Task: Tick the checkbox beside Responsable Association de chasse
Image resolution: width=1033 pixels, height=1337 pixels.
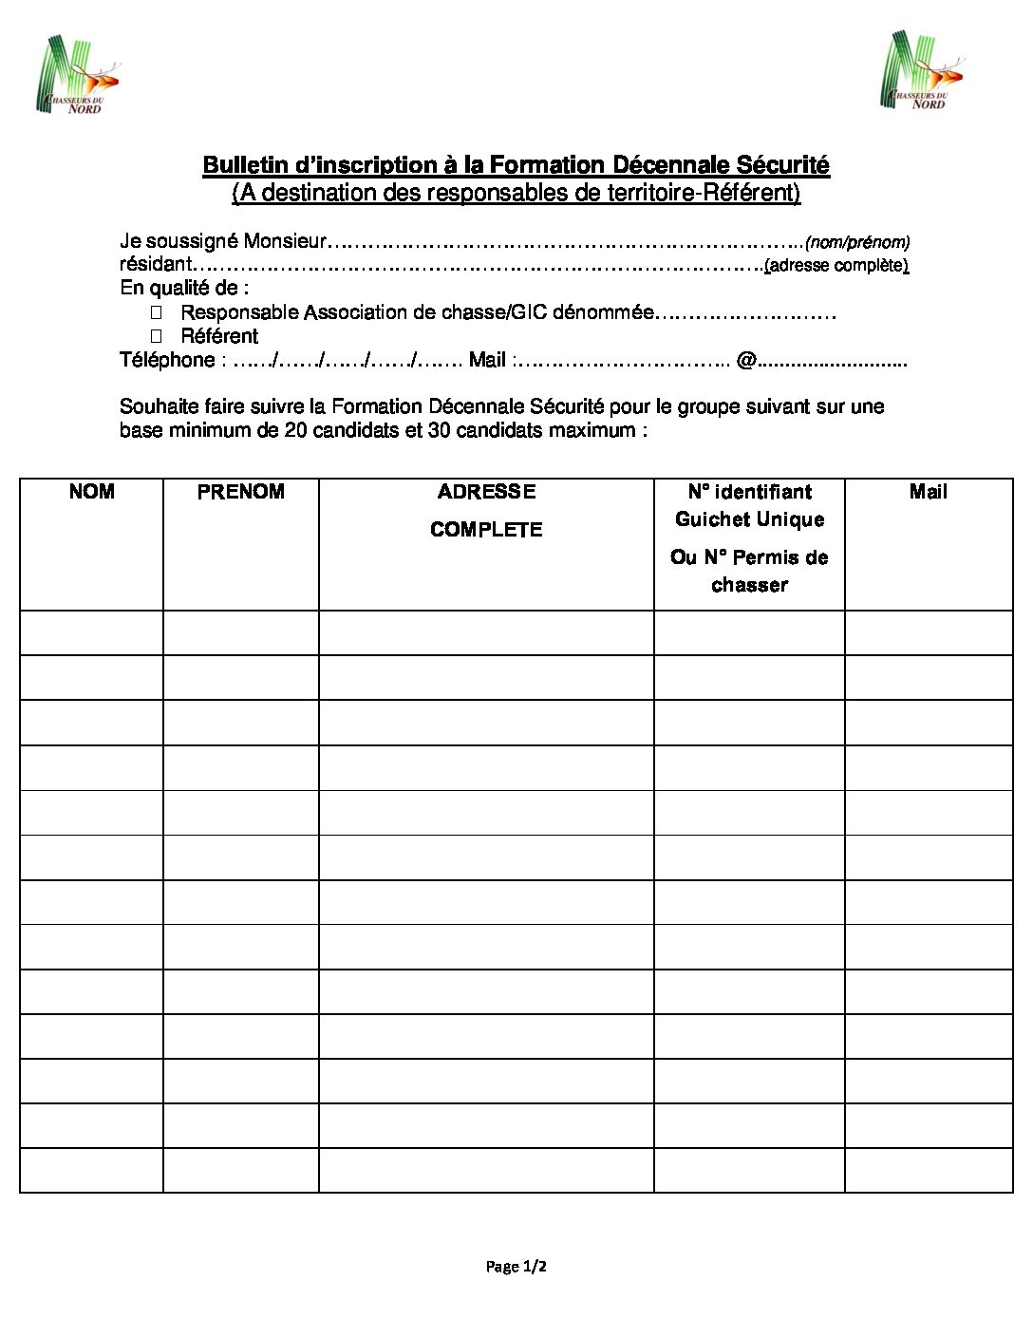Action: coord(157,311)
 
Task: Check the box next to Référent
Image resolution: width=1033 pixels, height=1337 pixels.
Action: coord(157,335)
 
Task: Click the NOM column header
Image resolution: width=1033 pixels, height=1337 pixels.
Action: coord(92,492)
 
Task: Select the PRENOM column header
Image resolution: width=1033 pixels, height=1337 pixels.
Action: coord(241,492)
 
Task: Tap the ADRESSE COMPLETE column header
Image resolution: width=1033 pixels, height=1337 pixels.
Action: coord(486,510)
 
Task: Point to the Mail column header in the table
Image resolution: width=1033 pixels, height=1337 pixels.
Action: coord(928,492)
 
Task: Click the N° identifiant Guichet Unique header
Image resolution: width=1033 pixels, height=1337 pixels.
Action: coord(749,505)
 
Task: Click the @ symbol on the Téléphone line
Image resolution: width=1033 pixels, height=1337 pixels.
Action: coord(745,360)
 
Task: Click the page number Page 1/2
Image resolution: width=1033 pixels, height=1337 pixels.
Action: coord(516,1266)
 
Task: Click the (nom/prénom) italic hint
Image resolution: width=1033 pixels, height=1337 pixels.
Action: coord(857,242)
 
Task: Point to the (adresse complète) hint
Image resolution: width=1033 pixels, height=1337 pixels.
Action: coord(836,266)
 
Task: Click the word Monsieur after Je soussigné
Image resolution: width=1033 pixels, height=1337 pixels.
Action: coord(285,241)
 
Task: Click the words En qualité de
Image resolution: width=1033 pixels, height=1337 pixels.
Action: coord(183,288)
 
